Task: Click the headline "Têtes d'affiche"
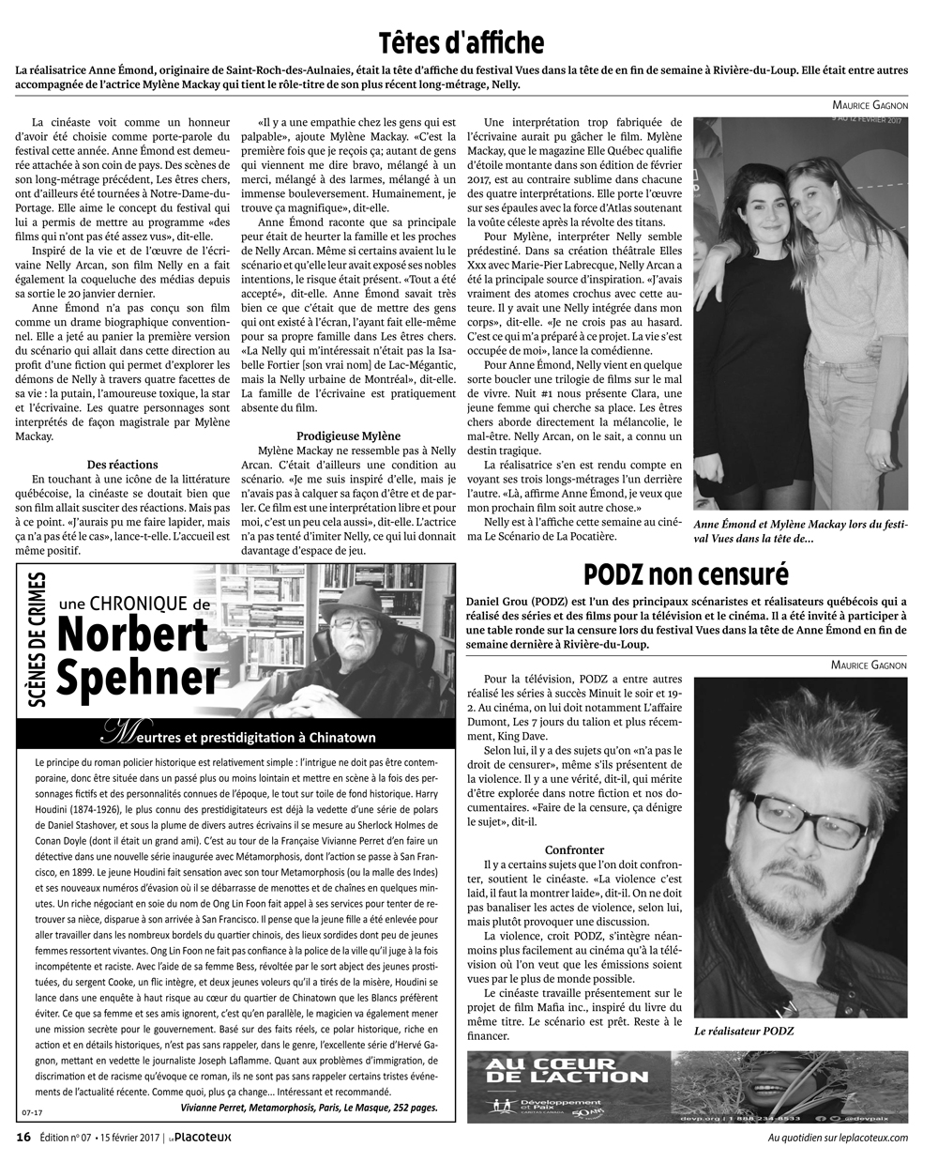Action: tap(461, 43)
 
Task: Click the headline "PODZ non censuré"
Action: tap(686, 573)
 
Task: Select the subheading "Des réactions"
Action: tap(123, 465)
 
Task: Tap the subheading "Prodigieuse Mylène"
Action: tap(348, 436)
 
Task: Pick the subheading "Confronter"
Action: tap(574, 849)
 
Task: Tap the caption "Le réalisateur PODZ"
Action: tap(744, 1031)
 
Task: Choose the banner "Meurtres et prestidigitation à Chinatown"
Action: tap(236, 737)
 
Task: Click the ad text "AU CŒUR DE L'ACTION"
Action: tap(567, 1069)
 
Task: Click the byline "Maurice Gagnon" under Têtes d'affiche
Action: tap(869, 104)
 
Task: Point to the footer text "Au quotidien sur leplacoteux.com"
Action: tap(838, 1138)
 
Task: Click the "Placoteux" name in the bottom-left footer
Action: tap(203, 1138)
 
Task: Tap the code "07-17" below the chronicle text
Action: tap(34, 1113)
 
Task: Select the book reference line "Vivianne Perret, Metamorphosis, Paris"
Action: tap(310, 1108)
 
